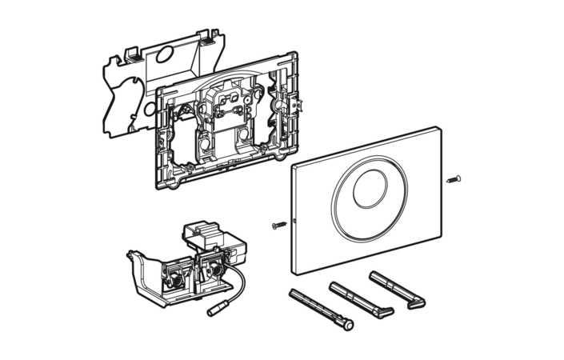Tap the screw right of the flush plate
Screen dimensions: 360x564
click(x=455, y=178)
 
